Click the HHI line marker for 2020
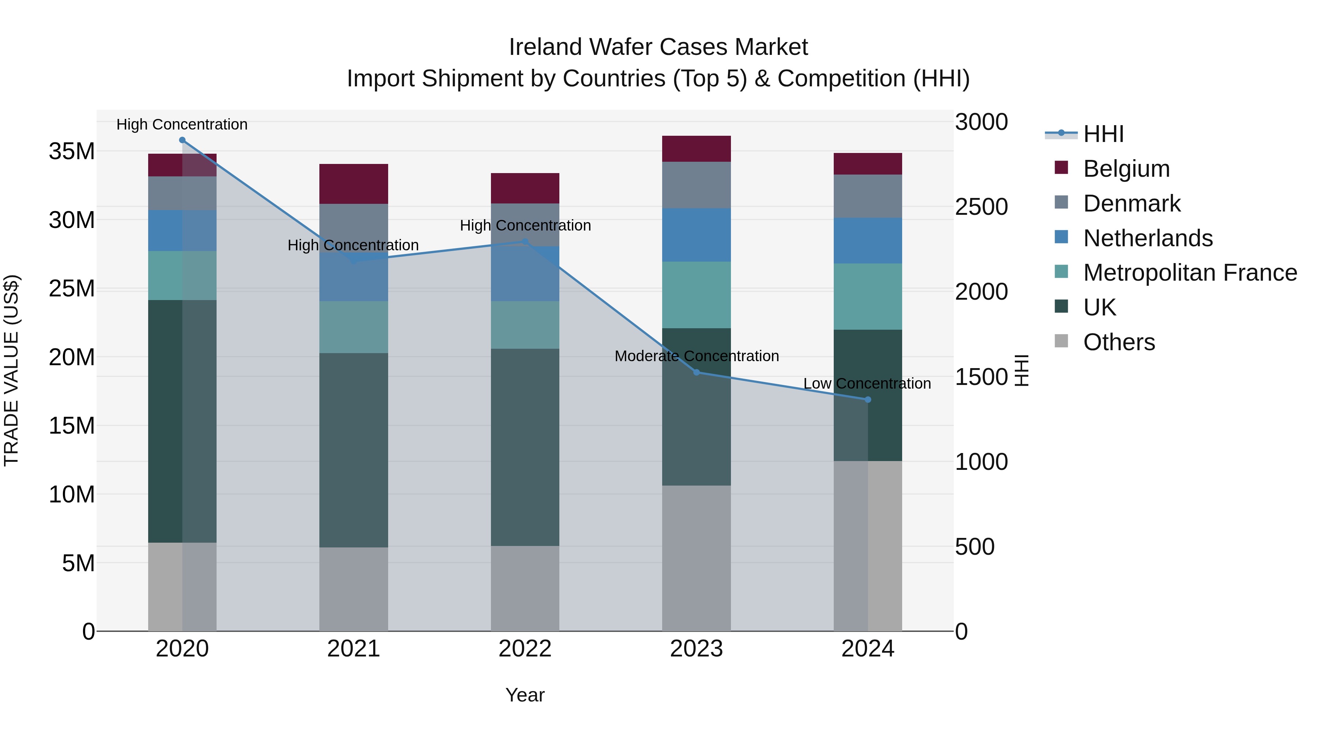(x=182, y=140)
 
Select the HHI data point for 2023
(x=696, y=372)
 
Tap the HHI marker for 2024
(x=868, y=399)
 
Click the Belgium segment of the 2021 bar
(x=353, y=184)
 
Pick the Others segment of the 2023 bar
(x=696, y=558)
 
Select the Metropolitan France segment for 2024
(x=868, y=297)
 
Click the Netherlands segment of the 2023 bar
(x=696, y=235)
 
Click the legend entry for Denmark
(x=1132, y=203)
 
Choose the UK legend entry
(x=1099, y=307)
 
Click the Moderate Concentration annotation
(x=696, y=356)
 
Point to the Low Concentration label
(x=867, y=383)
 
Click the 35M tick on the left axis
(x=72, y=151)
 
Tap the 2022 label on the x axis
(x=525, y=649)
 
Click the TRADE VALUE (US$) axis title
(x=11, y=370)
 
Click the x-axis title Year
(x=525, y=695)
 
